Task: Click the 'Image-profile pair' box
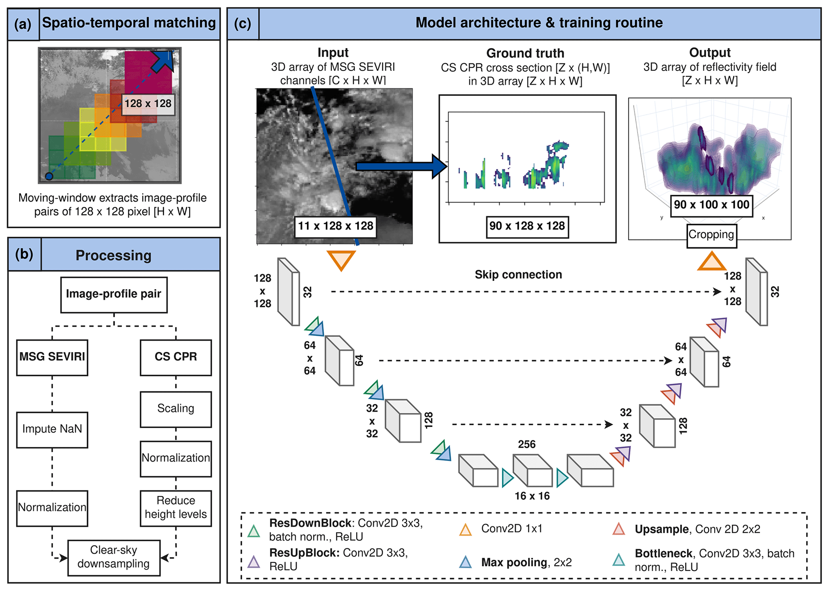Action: coord(114,294)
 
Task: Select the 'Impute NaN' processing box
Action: coord(52,429)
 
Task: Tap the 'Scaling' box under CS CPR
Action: coord(176,409)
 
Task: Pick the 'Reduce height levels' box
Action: coord(176,508)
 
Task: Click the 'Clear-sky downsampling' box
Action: coord(114,557)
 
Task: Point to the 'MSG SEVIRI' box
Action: coord(52,357)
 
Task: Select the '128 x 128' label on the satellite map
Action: coord(148,104)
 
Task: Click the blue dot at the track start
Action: coord(49,176)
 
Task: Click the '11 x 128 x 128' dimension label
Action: coord(335,226)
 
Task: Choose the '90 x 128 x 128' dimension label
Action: coord(527,226)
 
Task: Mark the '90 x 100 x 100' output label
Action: coord(711,205)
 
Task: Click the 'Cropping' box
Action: coord(711,235)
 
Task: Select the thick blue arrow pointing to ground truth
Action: coord(401,166)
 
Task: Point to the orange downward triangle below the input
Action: coord(341,260)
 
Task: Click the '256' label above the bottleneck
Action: coord(527,445)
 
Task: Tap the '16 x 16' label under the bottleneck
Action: coord(532,496)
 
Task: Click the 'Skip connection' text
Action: coord(518,275)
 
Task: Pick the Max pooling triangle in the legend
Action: coord(465,562)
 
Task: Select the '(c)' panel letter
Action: coord(243,24)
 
